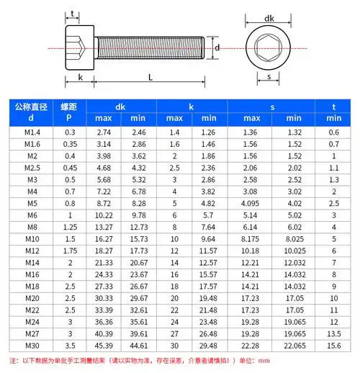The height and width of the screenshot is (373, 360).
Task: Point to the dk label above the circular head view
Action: click(269, 19)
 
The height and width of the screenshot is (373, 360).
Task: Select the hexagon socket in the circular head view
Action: click(269, 48)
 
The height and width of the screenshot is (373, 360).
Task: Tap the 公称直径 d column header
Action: click(30, 112)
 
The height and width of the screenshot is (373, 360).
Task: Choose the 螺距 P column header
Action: click(71, 112)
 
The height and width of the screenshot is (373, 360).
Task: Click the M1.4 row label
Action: click(30, 132)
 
